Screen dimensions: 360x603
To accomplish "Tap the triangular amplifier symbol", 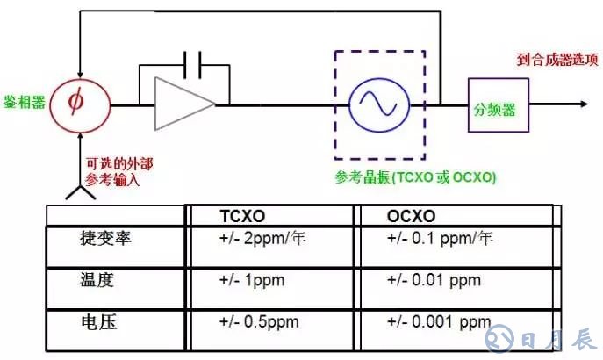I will [x=183, y=104].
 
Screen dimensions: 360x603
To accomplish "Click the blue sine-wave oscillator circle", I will [x=377, y=104].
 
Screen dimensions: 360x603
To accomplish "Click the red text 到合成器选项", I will [x=556, y=61].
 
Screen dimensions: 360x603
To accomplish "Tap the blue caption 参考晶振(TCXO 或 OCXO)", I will [x=415, y=177].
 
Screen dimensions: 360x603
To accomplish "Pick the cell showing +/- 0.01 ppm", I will [x=434, y=281].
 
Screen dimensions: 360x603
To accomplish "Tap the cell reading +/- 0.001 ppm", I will [x=438, y=323].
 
